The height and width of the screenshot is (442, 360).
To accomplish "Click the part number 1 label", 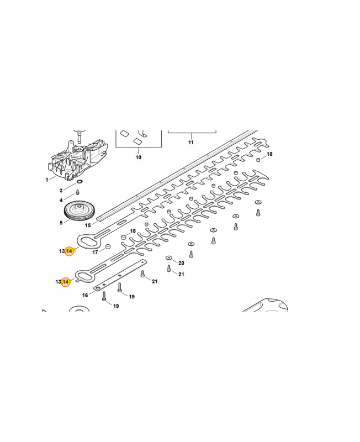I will pyautogui.click(x=47, y=180).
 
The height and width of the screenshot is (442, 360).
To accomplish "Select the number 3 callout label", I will pyautogui.click(x=61, y=191).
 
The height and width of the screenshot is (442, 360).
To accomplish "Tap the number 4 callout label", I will pyautogui.click(x=61, y=200).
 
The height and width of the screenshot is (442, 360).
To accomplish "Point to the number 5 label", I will pyautogui.click(x=61, y=223).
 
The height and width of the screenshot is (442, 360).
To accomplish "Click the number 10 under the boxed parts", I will pyautogui.click(x=138, y=157).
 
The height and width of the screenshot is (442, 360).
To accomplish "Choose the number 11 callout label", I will pyautogui.click(x=191, y=143).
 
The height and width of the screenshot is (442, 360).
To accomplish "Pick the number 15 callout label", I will pyautogui.click(x=87, y=225).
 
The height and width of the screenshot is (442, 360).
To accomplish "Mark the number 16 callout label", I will pyautogui.click(x=85, y=295).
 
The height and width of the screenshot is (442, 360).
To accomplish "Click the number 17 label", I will pyautogui.click(x=95, y=252).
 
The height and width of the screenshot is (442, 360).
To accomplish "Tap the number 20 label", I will pyautogui.click(x=181, y=263).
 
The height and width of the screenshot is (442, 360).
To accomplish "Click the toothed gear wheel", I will pyautogui.click(x=81, y=212).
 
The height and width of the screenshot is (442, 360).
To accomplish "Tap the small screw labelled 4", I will pyautogui.click(x=77, y=191).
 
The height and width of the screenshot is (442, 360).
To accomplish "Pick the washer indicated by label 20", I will pyautogui.click(x=168, y=258).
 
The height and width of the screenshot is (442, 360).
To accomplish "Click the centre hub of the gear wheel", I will pyautogui.click(x=82, y=208).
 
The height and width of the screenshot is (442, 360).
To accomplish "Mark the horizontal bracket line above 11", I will pyautogui.click(x=191, y=133).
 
